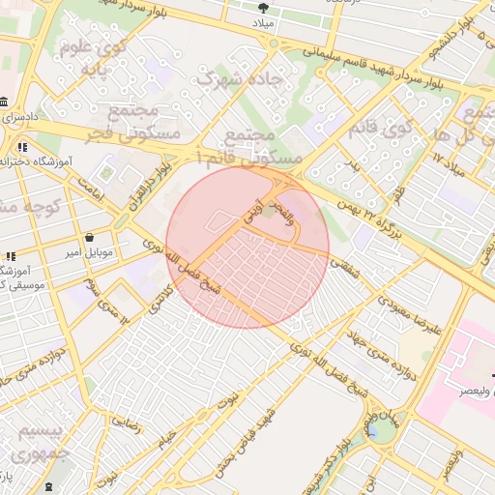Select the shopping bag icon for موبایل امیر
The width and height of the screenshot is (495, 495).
[x=90, y=237]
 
